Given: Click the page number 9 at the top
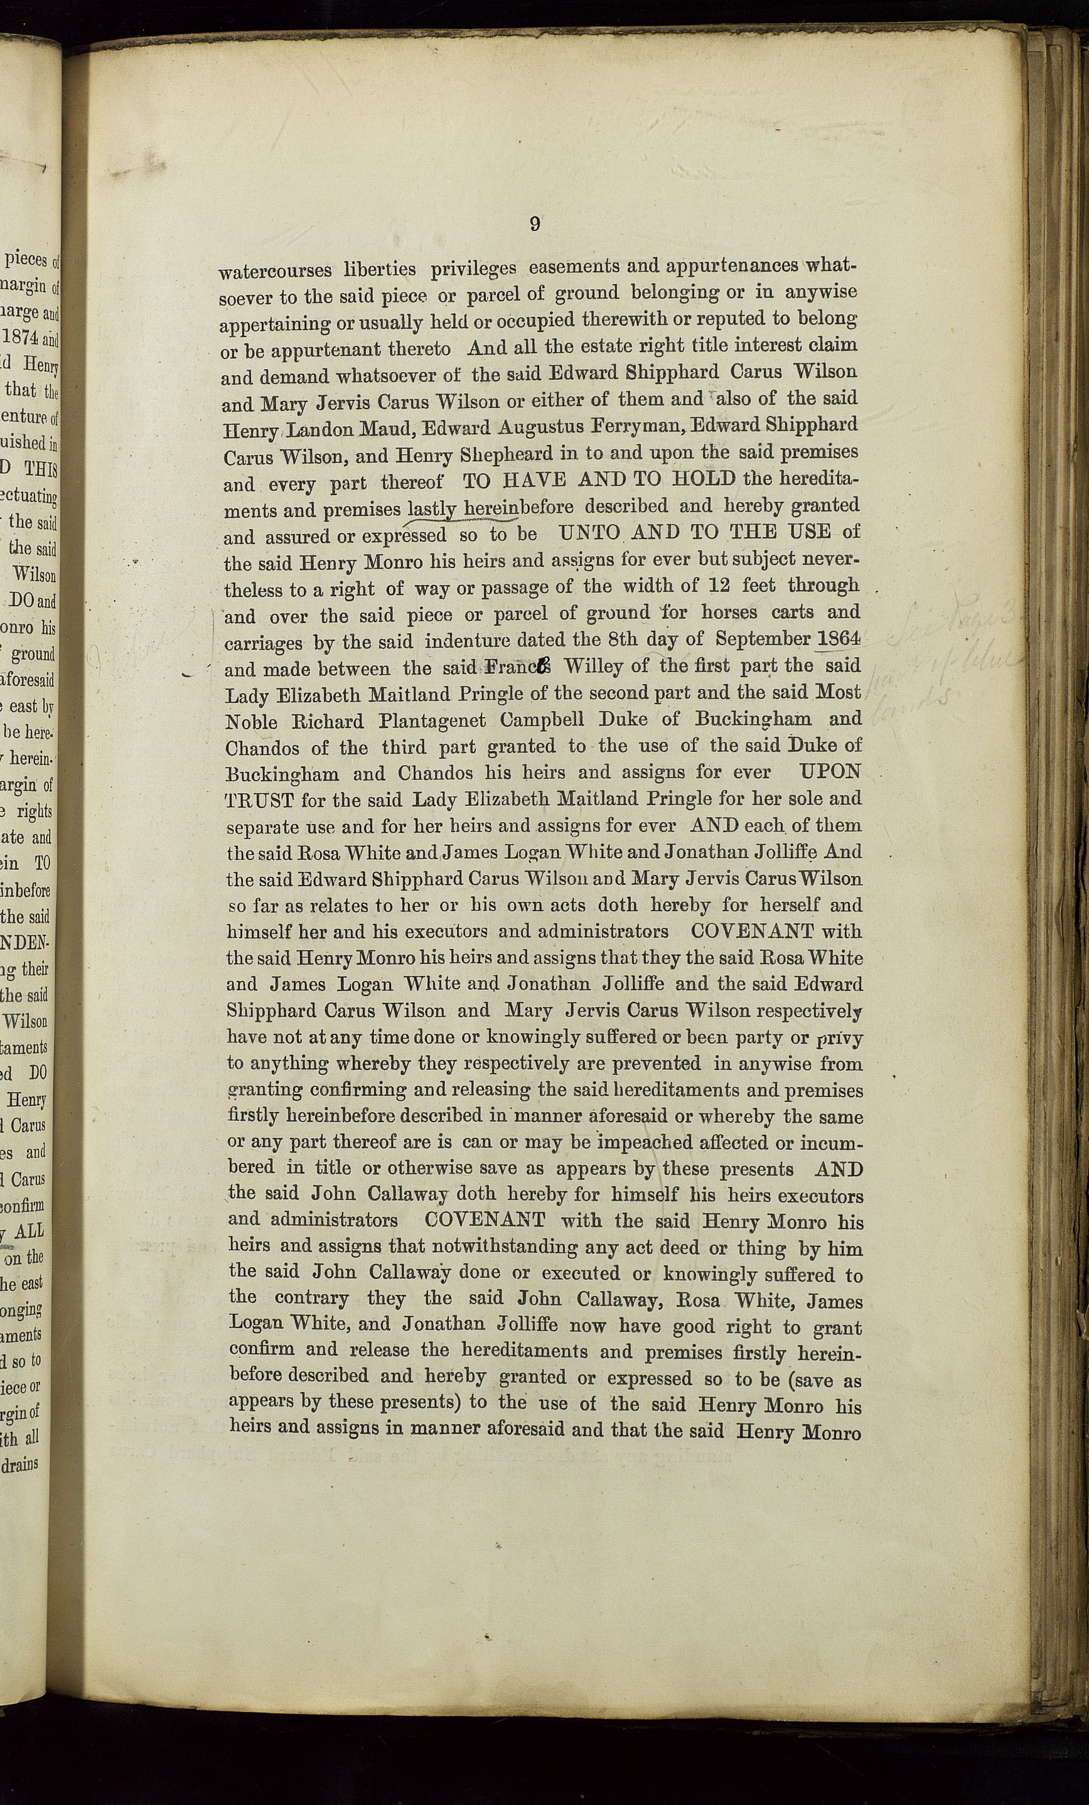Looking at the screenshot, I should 535,224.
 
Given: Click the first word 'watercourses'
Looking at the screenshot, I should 276,270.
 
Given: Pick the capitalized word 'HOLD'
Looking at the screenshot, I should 704,478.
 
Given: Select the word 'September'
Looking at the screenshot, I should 763,639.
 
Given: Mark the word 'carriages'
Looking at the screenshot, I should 264,643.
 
